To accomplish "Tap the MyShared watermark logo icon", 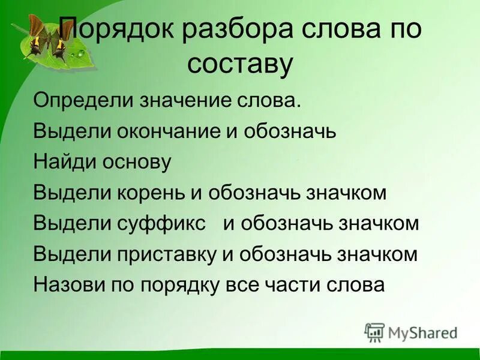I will coord(374,332).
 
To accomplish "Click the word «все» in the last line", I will coord(245,285).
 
